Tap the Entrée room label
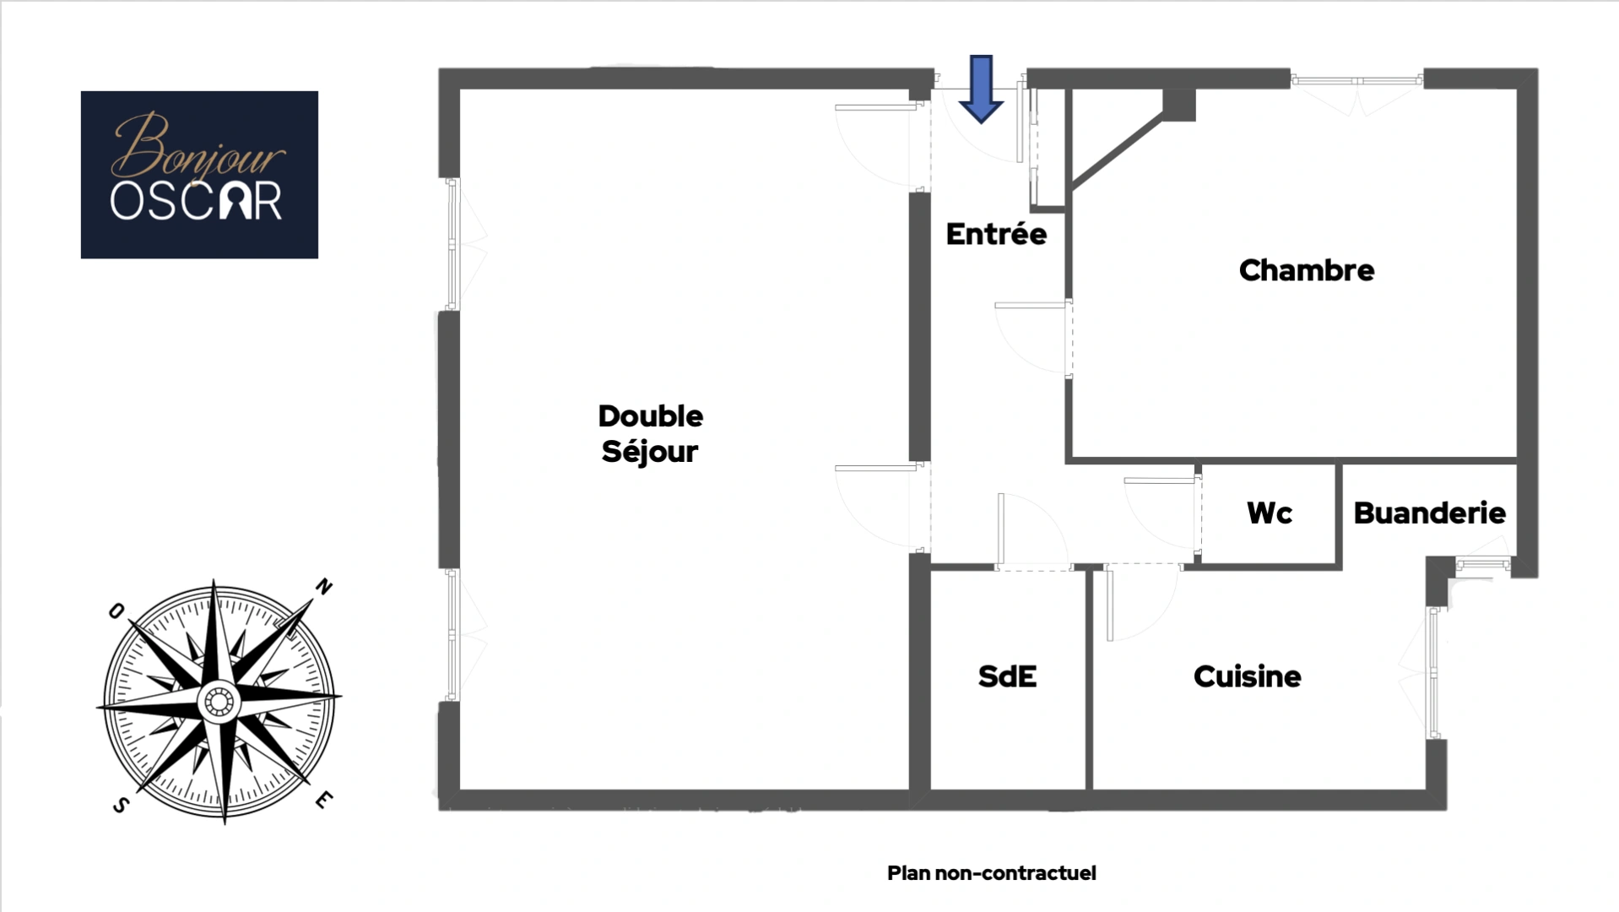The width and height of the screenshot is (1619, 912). (996, 234)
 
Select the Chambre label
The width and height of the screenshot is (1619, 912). (1306, 270)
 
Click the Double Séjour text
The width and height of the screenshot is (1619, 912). (650, 433)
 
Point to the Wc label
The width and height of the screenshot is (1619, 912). (1269, 513)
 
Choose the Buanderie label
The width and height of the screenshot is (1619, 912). (1429, 513)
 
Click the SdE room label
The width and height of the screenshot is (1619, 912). (1007, 676)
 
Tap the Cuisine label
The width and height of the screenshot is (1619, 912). (1247, 676)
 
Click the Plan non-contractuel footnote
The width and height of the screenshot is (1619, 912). (991, 873)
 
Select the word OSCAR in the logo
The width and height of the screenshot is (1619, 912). (196, 202)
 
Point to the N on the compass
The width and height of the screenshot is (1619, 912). (324, 586)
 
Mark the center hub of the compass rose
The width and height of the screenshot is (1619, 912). (219, 701)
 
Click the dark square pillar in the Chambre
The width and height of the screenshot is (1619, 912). (1178, 105)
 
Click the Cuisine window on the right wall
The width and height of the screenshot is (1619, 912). (1433, 673)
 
